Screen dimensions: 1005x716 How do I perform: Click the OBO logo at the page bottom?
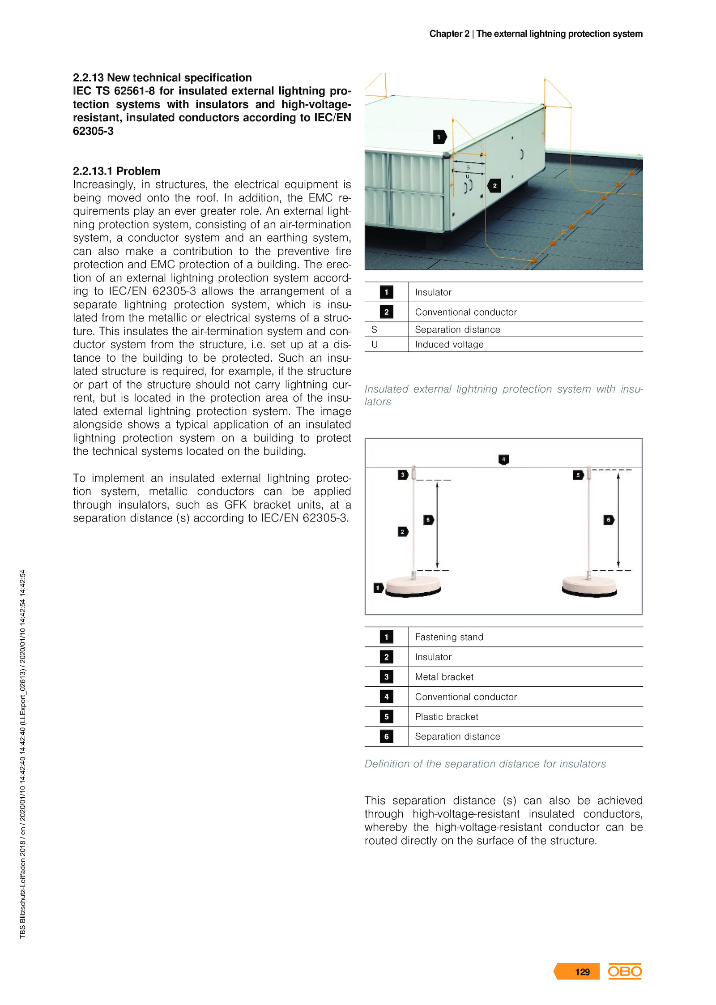(x=624, y=971)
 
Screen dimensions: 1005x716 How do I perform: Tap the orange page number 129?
(x=582, y=971)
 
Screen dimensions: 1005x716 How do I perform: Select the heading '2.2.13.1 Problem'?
(x=116, y=171)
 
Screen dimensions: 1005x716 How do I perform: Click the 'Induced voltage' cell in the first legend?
(x=449, y=344)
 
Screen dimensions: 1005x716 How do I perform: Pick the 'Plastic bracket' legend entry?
(x=446, y=716)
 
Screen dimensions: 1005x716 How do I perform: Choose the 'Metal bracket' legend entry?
(x=444, y=676)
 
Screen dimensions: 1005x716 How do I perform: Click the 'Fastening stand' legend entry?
(x=449, y=637)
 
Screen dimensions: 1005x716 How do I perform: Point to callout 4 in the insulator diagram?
(x=503, y=459)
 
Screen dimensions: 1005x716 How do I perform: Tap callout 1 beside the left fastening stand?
(x=378, y=587)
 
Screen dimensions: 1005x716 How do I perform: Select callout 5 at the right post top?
(x=578, y=475)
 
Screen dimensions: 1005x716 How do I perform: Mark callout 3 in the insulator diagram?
(x=403, y=475)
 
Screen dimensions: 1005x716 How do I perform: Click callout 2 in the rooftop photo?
(x=494, y=185)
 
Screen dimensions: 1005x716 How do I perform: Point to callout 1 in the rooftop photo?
(x=439, y=137)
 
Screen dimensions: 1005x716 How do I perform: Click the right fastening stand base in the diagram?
(x=589, y=586)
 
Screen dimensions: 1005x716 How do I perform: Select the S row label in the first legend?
(x=374, y=329)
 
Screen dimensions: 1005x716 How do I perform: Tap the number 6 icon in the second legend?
(x=386, y=736)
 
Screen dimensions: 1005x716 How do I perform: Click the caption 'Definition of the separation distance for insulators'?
(x=485, y=764)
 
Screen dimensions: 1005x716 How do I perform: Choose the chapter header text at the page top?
(x=536, y=34)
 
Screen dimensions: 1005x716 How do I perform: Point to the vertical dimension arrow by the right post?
(x=618, y=519)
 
